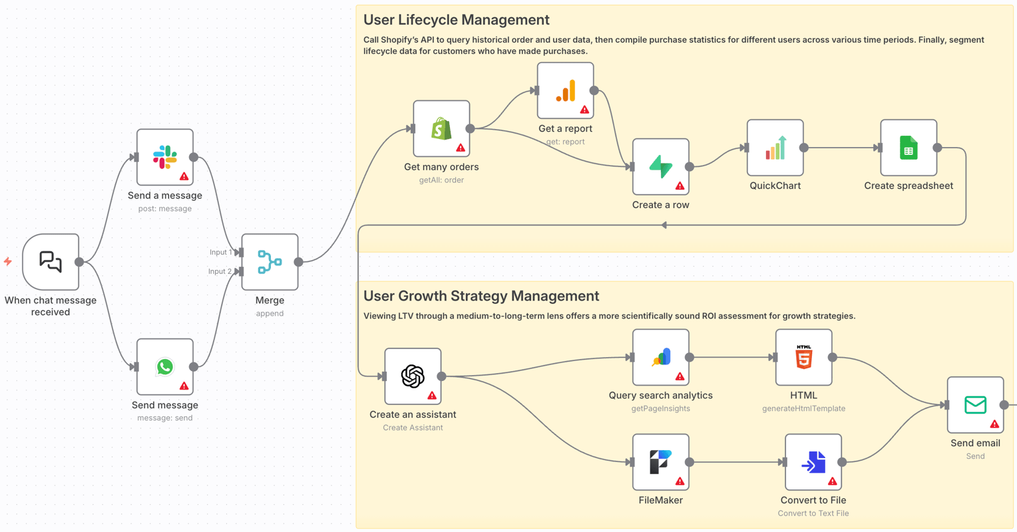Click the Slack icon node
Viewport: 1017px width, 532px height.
click(165, 158)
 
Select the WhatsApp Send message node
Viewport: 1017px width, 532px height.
click(165, 367)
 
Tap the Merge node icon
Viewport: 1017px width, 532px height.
click(270, 262)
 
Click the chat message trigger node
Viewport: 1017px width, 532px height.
click(51, 262)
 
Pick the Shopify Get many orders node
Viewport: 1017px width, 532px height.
click(441, 129)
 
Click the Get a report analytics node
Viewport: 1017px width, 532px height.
click(565, 91)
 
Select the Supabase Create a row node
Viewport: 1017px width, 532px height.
click(660, 167)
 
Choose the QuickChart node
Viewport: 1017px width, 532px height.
click(775, 148)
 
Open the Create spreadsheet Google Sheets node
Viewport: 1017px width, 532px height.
click(909, 148)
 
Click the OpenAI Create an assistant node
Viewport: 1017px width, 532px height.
click(413, 376)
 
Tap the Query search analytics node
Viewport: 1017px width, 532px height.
click(660, 358)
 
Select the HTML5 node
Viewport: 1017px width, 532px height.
click(803, 358)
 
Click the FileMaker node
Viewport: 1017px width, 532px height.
click(660, 462)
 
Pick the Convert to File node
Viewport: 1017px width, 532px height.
click(813, 462)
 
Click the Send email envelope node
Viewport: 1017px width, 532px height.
click(975, 405)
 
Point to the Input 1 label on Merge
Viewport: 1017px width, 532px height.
click(220, 253)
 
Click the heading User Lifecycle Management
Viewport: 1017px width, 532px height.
click(456, 20)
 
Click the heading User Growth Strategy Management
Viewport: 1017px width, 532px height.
click(481, 296)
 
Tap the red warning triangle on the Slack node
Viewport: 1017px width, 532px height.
click(184, 177)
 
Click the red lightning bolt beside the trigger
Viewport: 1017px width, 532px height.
click(8, 262)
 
